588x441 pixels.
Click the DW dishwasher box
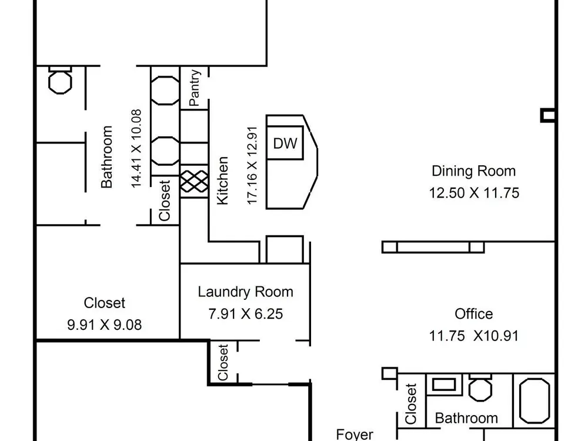pyautogui.click(x=285, y=143)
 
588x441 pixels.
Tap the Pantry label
pyautogui.click(x=195, y=88)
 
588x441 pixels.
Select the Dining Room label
pyautogui.click(x=473, y=171)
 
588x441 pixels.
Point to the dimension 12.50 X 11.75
pyautogui.click(x=474, y=193)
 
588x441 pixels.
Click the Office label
pyautogui.click(x=473, y=314)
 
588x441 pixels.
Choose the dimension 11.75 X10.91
pyautogui.click(x=473, y=336)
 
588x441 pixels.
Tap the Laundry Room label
pyautogui.click(x=246, y=292)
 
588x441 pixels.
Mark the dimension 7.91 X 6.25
pyautogui.click(x=246, y=314)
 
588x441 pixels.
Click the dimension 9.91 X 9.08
pyautogui.click(x=105, y=325)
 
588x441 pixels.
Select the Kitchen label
pyautogui.click(x=223, y=181)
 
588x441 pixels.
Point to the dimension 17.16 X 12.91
pyautogui.click(x=252, y=165)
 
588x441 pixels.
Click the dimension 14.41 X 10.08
pyautogui.click(x=136, y=149)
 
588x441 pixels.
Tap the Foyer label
pyautogui.click(x=355, y=435)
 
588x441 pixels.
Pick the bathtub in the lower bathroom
pyautogui.click(x=534, y=400)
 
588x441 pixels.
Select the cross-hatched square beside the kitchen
pyautogui.click(x=194, y=181)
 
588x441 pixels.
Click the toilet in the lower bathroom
pyautogui.click(x=480, y=387)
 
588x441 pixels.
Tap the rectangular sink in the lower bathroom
pyautogui.click(x=444, y=385)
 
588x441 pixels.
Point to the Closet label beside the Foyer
pyautogui.click(x=411, y=403)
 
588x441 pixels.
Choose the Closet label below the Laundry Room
pyautogui.click(x=223, y=362)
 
